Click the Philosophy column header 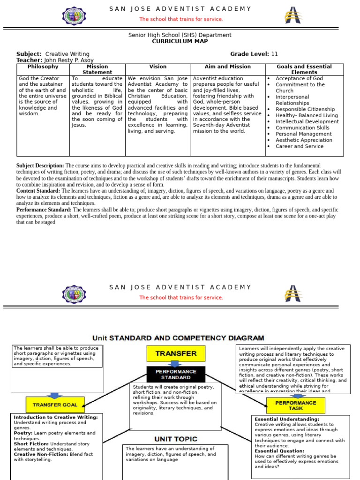[43, 67]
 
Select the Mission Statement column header [97, 69]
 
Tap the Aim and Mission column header [228, 67]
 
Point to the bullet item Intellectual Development [307, 121]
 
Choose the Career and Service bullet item [300, 146]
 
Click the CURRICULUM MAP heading [180, 41]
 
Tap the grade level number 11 [275, 54]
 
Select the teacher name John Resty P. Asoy [68, 60]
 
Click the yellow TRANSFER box [176, 353]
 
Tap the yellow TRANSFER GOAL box [55, 405]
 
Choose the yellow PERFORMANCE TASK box [296, 405]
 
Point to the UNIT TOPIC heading [176, 439]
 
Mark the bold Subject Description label [40, 166]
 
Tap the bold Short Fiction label [31, 444]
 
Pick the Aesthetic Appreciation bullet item [304, 140]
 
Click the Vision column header [158, 67]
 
